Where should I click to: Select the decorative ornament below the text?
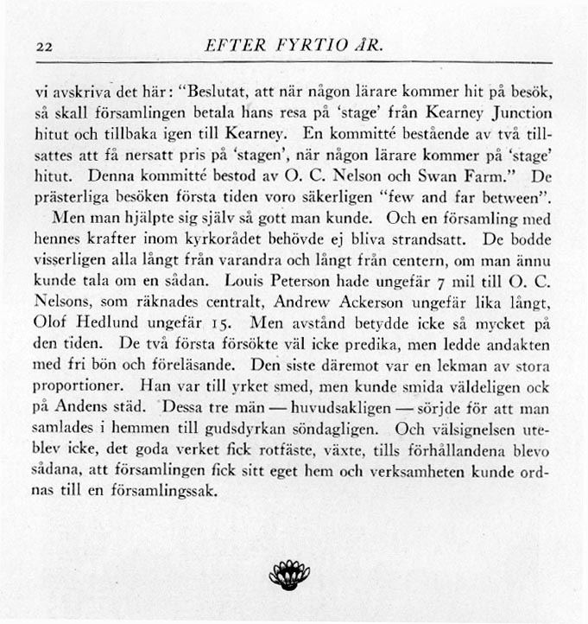pyautogui.click(x=294, y=574)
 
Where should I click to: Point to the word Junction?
pyautogui.click(x=521, y=113)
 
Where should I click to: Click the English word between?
pyautogui.click(x=507, y=198)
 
